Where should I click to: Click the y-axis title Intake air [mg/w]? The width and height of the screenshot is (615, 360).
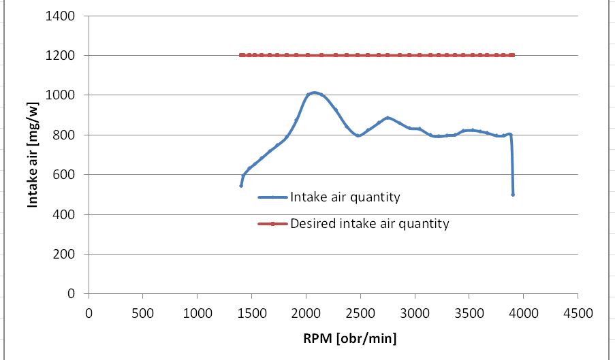[x=33, y=155]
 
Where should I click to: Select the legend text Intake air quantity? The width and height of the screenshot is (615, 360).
[x=345, y=197]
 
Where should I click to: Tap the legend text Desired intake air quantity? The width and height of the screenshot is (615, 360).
[x=369, y=223]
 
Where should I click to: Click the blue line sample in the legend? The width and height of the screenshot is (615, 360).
[x=272, y=197]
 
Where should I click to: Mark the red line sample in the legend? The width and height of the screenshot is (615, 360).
[x=272, y=223]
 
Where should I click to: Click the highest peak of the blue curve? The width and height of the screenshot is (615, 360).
[x=314, y=93]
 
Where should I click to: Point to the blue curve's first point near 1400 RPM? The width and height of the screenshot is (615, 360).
[x=241, y=185]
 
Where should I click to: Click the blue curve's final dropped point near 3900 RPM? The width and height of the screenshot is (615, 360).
[x=513, y=195]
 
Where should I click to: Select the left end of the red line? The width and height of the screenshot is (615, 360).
[x=241, y=55]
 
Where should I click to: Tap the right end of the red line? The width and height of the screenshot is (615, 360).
[x=513, y=55]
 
